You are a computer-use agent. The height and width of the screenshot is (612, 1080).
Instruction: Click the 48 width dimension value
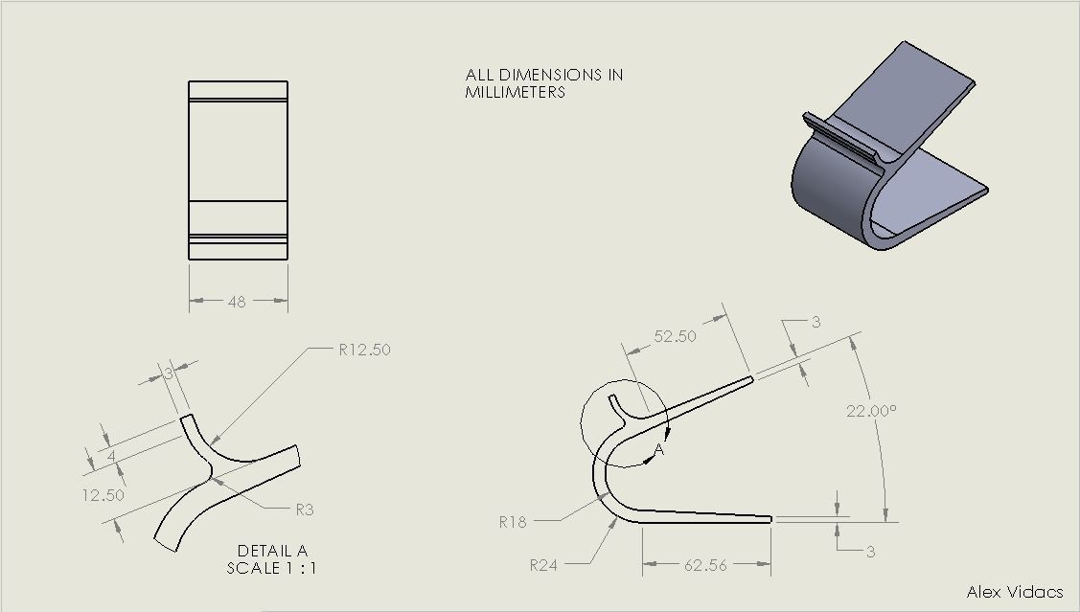(237, 302)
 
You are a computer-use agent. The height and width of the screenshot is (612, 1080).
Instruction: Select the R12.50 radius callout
(364, 350)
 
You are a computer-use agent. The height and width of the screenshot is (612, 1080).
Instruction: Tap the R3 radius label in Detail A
(304, 510)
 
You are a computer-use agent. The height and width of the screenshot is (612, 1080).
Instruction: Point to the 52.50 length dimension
(676, 336)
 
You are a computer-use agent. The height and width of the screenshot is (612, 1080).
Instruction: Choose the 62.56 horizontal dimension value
(705, 565)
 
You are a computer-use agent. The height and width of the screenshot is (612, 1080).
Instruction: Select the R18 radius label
(514, 522)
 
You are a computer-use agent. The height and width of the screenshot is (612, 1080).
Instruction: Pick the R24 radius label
(544, 565)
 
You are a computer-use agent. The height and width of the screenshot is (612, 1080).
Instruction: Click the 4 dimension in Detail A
(111, 458)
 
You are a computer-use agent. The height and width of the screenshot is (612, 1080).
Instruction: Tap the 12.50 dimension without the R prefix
(103, 495)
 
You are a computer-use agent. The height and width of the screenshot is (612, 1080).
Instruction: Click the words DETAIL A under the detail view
(272, 551)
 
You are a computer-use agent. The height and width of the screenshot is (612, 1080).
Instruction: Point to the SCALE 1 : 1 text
(272, 567)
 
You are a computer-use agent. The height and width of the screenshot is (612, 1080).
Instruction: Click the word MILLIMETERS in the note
(515, 92)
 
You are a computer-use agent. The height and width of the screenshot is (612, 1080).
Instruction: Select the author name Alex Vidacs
(1015, 592)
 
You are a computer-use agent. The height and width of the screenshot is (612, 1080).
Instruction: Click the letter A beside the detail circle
(659, 449)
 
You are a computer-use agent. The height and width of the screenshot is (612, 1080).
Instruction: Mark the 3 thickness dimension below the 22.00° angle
(870, 552)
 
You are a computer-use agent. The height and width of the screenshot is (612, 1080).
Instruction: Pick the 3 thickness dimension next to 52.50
(816, 323)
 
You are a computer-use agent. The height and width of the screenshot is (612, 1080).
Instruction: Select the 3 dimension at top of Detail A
(169, 374)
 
